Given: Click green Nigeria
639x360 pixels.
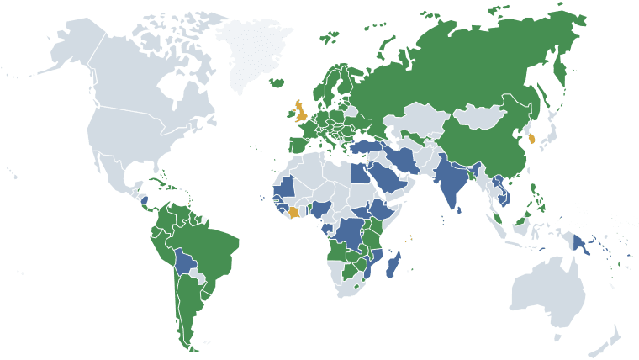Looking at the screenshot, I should click(x=320, y=208).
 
